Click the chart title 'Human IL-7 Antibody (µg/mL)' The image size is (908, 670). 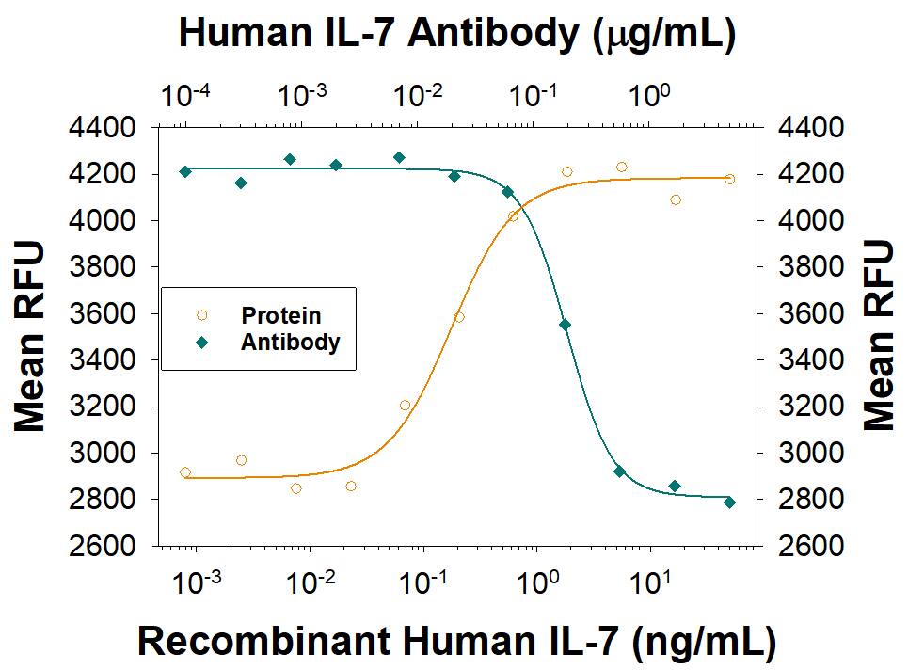point(456,35)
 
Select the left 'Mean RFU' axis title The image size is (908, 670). point(30,336)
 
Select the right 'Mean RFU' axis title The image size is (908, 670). point(879,336)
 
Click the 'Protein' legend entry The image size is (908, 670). point(279,316)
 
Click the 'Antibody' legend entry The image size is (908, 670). point(290,342)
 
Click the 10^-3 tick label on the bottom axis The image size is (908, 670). point(199,584)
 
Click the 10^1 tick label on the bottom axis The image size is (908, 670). point(649,584)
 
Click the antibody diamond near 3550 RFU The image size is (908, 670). point(565,325)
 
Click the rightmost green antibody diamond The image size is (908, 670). point(729,502)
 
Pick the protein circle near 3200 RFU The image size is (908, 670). point(405,406)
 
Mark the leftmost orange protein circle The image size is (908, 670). point(185,472)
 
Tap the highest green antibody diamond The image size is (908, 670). point(399,157)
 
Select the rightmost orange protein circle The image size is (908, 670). point(729,179)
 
